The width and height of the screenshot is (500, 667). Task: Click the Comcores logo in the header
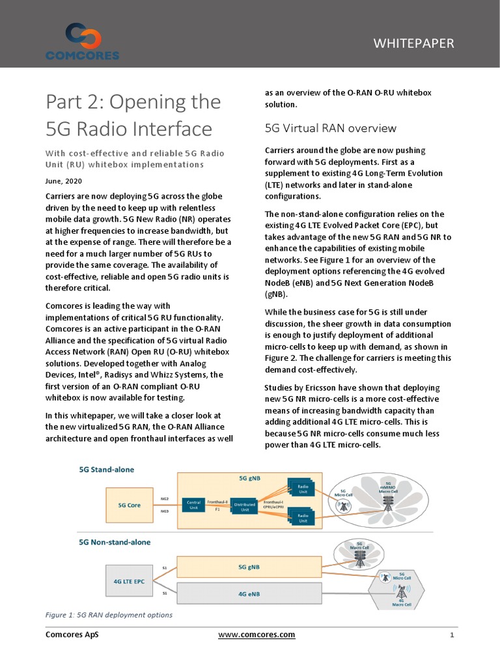pyautogui.click(x=82, y=42)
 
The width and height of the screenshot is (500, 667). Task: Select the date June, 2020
pyautogui.click(x=64, y=181)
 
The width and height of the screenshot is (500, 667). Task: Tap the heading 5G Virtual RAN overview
pyautogui.click(x=330, y=128)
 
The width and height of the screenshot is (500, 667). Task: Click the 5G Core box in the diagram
pyautogui.click(x=130, y=504)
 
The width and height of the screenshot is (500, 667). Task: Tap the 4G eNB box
pyautogui.click(x=249, y=593)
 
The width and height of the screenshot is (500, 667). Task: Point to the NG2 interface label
pyautogui.click(x=165, y=499)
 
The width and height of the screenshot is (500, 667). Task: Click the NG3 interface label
pyautogui.click(x=165, y=511)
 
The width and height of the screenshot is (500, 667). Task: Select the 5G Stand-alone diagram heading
pyautogui.click(x=107, y=469)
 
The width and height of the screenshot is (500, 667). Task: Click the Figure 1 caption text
pyautogui.click(x=109, y=615)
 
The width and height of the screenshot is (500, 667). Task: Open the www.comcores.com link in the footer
pyautogui.click(x=257, y=634)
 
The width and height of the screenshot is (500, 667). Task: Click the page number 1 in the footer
pyautogui.click(x=451, y=635)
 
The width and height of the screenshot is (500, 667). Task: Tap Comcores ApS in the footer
pyautogui.click(x=72, y=634)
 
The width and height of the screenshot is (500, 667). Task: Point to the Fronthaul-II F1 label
pyautogui.click(x=217, y=505)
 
